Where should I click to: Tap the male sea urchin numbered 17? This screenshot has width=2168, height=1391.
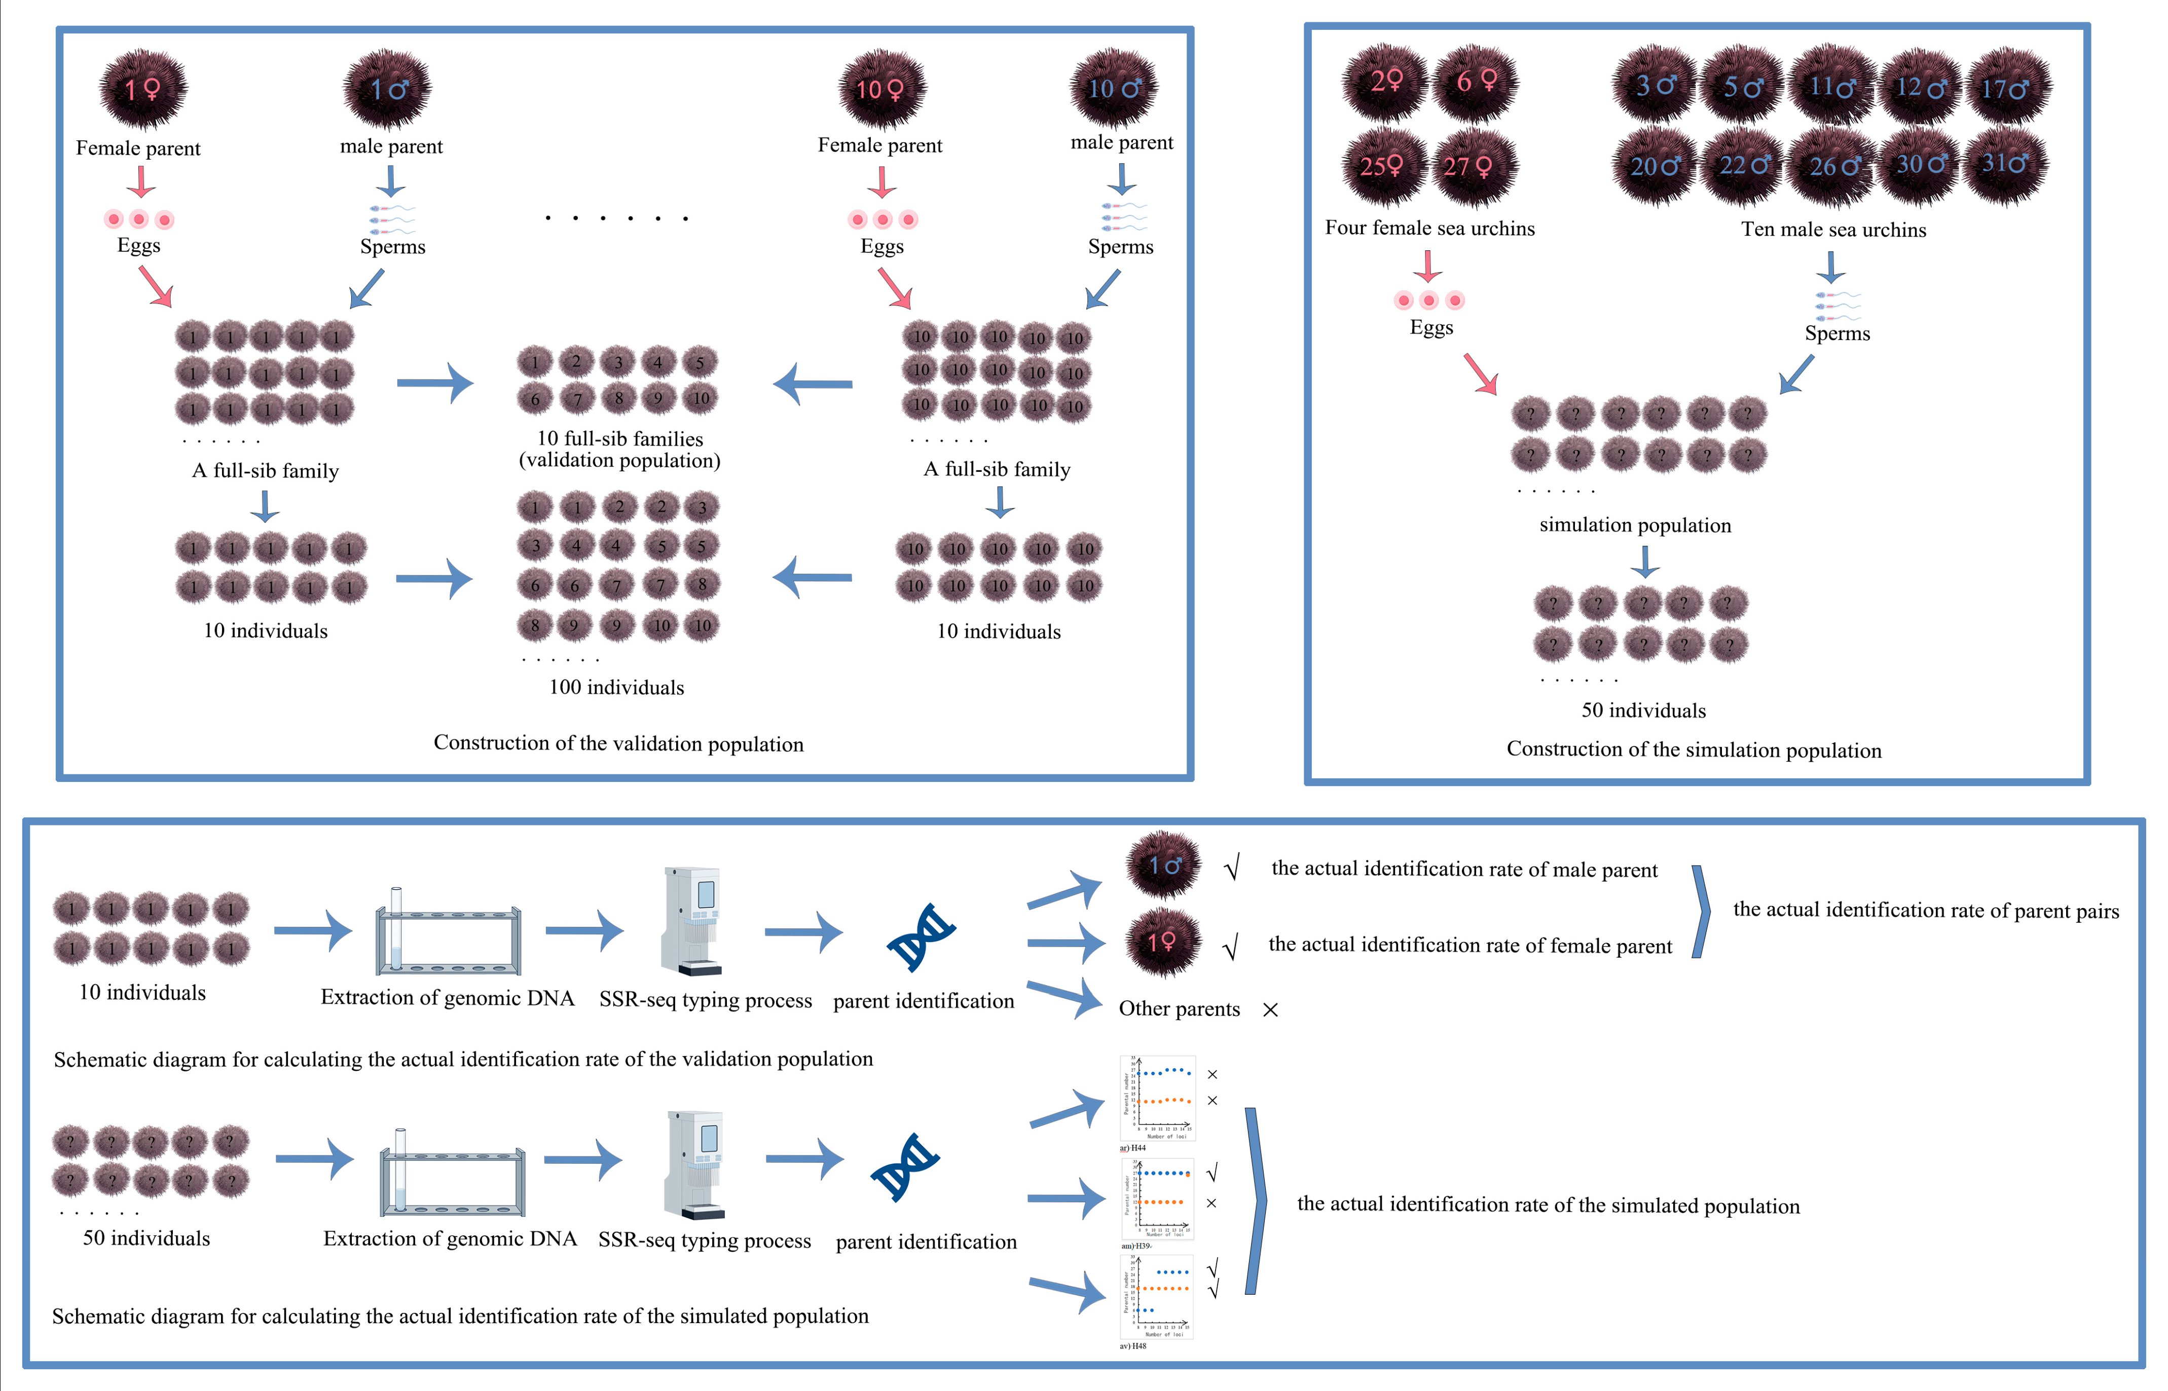tap(2005, 88)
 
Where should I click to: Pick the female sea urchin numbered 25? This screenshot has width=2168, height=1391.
tap(1382, 166)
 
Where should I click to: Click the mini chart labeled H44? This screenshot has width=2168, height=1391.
tap(1157, 1098)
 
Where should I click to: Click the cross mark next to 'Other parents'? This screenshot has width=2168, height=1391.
tap(1270, 1010)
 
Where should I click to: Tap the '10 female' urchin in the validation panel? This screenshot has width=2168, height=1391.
tap(881, 89)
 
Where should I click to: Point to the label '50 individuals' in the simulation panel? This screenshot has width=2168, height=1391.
tap(1643, 711)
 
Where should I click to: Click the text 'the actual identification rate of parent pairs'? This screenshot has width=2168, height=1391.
tap(1925, 911)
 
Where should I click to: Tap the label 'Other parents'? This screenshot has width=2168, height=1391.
tap(1179, 1009)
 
